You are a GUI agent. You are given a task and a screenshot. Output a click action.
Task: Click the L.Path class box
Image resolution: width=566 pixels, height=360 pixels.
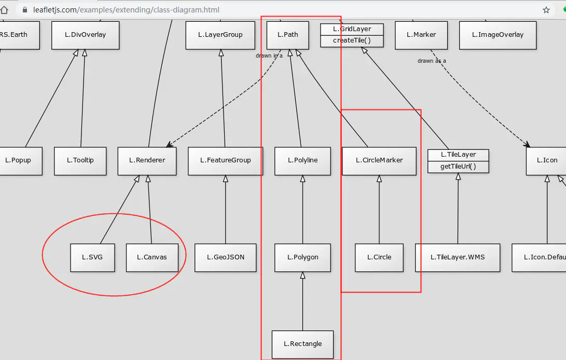(287, 35)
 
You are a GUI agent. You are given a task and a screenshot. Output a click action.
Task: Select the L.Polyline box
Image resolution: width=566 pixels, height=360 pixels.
(302, 160)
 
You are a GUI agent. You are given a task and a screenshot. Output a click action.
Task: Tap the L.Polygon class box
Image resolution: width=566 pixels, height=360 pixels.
(302, 257)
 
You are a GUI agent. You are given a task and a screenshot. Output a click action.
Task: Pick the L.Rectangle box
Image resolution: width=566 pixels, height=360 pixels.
(302, 344)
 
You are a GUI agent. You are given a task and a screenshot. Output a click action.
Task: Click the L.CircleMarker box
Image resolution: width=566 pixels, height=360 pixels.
(379, 160)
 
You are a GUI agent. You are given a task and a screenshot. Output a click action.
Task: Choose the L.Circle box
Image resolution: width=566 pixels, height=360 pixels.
(379, 257)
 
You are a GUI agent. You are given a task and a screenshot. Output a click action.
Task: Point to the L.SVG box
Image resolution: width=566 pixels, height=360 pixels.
(92, 257)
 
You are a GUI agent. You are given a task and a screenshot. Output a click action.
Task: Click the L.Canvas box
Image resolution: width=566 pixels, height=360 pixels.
(151, 257)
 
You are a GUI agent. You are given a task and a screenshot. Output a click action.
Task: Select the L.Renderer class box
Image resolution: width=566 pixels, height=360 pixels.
(147, 160)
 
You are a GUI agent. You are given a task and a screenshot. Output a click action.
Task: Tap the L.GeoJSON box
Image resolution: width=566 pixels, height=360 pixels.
(225, 257)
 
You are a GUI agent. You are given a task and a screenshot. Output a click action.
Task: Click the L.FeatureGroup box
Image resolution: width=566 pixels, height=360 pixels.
(225, 160)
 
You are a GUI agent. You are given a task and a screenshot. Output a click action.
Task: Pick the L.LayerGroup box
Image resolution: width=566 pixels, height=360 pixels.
(220, 35)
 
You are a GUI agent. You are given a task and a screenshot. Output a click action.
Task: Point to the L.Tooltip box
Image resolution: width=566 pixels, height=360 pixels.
(80, 160)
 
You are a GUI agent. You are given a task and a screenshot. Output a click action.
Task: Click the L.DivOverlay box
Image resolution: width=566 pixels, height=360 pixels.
(85, 35)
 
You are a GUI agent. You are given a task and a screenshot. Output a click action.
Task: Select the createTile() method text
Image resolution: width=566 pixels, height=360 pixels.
(352, 40)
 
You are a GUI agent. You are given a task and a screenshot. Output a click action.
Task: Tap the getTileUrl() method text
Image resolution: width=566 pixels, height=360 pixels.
(458, 167)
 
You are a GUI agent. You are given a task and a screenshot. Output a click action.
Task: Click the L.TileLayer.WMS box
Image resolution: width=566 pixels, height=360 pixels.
(458, 257)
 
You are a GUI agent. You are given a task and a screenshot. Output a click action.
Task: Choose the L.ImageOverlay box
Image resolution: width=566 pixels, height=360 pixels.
(498, 35)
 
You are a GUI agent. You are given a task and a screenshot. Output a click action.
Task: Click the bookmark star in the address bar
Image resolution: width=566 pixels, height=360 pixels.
(546, 10)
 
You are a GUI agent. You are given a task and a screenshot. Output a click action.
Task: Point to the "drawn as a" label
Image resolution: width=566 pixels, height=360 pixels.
(432, 61)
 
